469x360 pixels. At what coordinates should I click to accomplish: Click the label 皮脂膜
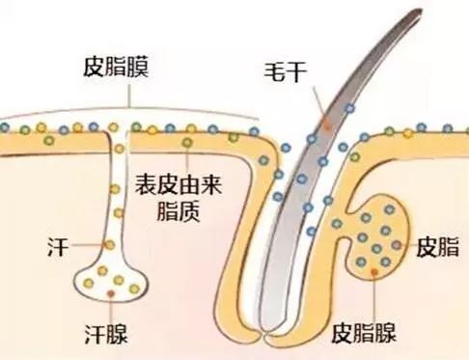point(116,67)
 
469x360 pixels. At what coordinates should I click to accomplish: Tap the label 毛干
point(285,71)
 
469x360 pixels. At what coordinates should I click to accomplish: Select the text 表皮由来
point(179,184)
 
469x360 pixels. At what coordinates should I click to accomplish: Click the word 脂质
point(179,211)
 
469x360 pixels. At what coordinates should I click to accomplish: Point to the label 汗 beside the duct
point(58,247)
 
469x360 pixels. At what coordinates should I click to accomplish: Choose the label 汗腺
point(106,334)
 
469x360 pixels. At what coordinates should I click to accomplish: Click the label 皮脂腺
point(364,333)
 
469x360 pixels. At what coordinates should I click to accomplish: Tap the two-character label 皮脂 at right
point(437,247)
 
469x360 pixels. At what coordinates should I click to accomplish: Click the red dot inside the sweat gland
point(111,293)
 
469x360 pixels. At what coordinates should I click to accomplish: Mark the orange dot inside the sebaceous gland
point(374,272)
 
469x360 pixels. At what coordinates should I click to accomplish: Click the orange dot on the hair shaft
point(327,124)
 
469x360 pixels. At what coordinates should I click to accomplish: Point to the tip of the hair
point(420,11)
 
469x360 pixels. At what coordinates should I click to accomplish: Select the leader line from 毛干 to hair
point(318,102)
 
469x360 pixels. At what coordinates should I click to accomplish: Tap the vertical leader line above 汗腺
point(111,310)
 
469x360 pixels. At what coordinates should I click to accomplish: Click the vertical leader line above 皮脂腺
point(374,298)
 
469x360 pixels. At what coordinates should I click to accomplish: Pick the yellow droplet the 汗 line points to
point(109,245)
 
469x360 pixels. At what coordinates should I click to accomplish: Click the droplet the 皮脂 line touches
point(397,245)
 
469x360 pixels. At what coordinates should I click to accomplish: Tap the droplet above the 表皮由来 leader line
point(187,142)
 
